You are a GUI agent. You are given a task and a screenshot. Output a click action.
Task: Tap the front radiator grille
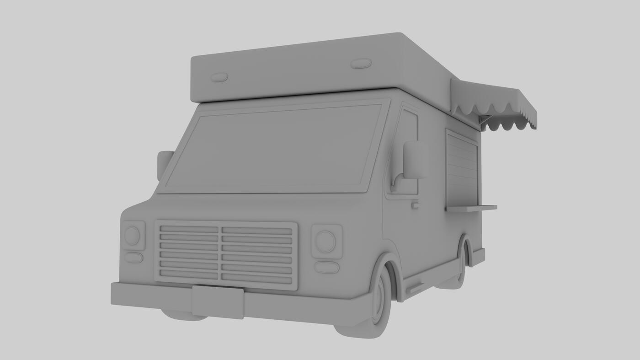click(x=226, y=255)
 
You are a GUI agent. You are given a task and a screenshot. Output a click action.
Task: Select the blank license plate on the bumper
click(x=218, y=302)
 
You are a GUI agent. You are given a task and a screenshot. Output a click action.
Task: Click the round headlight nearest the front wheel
click(x=325, y=242)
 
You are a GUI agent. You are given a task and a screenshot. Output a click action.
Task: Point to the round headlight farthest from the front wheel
click(x=132, y=236)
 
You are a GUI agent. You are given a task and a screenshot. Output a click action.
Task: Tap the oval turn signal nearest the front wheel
click(x=326, y=267)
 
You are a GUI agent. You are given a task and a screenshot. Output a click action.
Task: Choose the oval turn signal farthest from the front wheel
click(x=133, y=258)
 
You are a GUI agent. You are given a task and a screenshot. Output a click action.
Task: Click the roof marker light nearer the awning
click(x=361, y=64)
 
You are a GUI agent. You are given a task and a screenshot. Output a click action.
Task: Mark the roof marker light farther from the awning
click(x=219, y=77)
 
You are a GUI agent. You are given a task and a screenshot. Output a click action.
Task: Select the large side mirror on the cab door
click(x=415, y=160)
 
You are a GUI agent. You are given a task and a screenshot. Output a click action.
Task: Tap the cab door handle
click(x=415, y=205)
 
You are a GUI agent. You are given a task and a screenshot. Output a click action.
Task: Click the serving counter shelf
click(x=471, y=208)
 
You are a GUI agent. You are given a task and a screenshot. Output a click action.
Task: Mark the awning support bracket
click(x=484, y=120)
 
